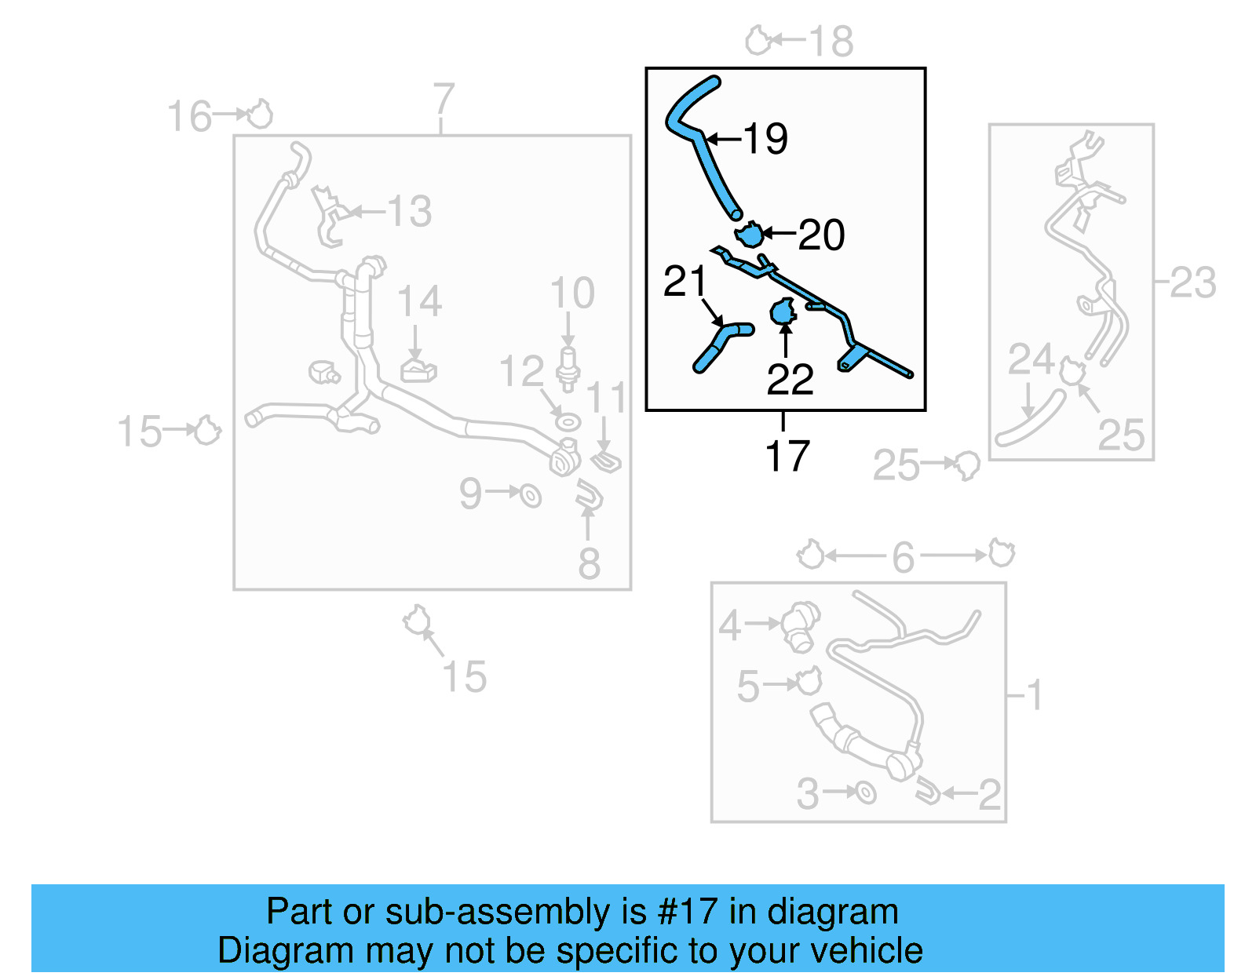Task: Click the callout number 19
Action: [765, 139]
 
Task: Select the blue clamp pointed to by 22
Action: [783, 313]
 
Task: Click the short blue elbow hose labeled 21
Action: [721, 344]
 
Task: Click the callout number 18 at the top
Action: [831, 41]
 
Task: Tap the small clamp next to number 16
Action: [260, 115]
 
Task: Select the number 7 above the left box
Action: [444, 100]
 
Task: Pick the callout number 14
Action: [419, 301]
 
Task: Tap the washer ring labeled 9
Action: [531, 495]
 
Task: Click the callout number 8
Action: [589, 563]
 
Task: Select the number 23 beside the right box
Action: [1192, 282]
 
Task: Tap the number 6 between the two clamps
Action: [903, 557]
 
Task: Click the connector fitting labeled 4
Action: [801, 625]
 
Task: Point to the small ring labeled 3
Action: [865, 792]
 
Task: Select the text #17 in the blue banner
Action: [687, 912]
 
